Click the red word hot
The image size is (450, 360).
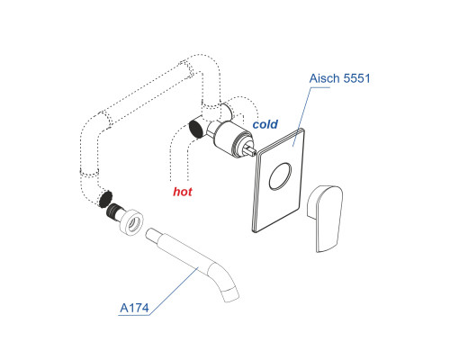coord(183,192)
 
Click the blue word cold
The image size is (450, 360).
coord(265,124)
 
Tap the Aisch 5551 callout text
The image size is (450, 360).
coord(339,78)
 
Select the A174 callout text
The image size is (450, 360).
coord(134,308)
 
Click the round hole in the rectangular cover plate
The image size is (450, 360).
coord(280,176)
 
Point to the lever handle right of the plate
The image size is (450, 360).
coord(325,219)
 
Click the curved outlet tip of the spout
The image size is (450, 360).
coord(230,294)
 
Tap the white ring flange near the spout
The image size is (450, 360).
coord(131,222)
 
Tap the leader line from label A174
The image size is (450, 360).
coord(174,291)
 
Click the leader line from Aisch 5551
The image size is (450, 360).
coord(302,117)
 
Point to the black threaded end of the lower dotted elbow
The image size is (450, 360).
coord(105,199)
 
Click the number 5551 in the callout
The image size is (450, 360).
coord(356,78)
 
